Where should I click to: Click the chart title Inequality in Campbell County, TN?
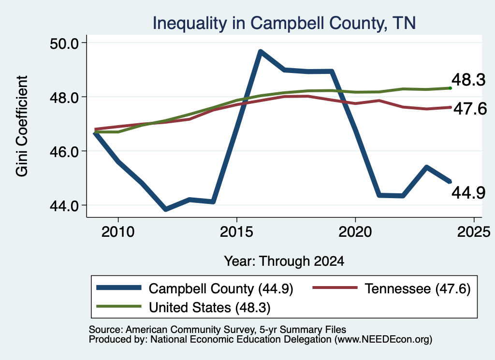[284, 23]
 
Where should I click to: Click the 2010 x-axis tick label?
[118, 232]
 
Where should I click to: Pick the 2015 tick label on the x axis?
[237, 232]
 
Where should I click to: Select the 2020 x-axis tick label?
[355, 232]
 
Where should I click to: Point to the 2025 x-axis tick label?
[474, 232]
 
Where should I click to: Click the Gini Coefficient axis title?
[22, 126]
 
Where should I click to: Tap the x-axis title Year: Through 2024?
[284, 261]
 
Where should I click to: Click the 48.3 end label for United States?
[468, 80]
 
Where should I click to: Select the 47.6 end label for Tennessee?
[470, 109]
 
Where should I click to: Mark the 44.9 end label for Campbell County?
[468, 192]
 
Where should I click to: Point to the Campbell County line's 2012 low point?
[166, 209]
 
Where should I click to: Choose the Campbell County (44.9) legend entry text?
[221, 288]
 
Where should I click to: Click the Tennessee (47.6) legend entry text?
[418, 288]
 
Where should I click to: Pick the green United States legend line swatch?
[119, 306]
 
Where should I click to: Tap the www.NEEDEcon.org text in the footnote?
[383, 340]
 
